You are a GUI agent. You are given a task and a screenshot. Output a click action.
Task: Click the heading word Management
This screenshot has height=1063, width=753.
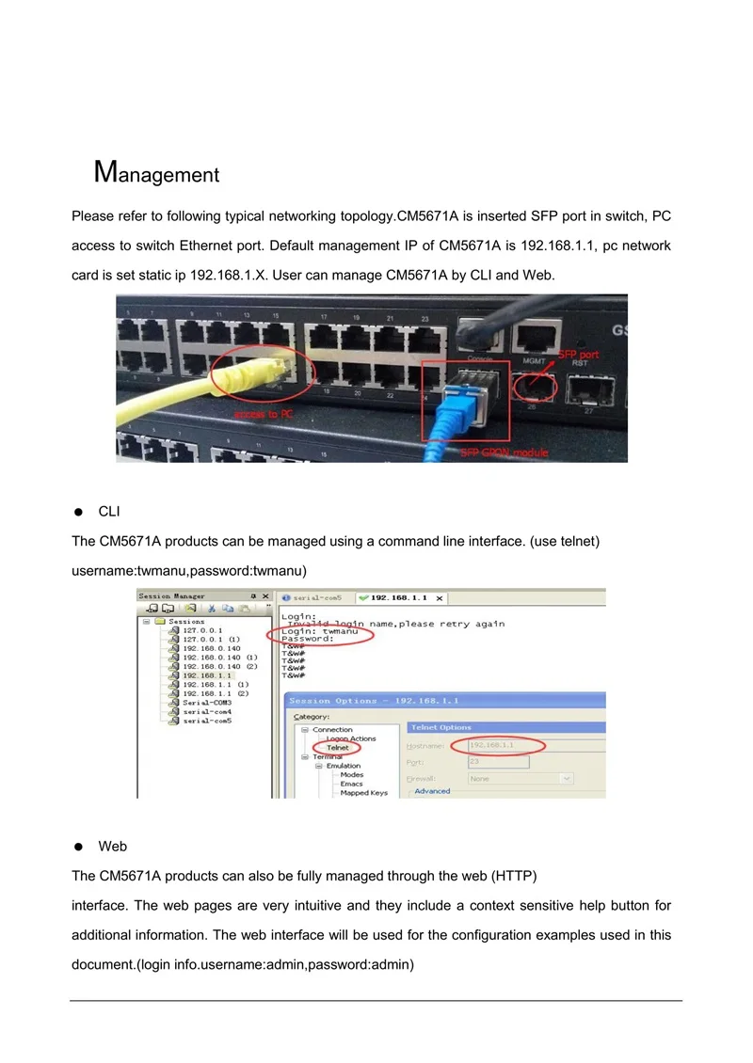pos(157,173)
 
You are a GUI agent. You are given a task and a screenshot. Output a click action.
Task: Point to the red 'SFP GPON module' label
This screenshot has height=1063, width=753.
pos(504,452)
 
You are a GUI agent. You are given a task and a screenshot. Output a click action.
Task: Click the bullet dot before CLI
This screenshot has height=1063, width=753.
pos(80,512)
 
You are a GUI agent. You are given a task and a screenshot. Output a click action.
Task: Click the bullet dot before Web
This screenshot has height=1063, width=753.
pos(80,847)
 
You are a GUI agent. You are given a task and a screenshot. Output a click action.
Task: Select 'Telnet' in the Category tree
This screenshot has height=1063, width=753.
pos(338,748)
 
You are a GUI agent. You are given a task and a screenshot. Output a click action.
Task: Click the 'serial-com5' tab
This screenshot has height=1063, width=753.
pos(317,597)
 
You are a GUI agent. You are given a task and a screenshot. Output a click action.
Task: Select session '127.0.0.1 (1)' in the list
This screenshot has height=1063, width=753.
pos(212,640)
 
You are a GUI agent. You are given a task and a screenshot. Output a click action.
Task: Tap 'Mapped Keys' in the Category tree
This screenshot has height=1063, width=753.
pos(363,793)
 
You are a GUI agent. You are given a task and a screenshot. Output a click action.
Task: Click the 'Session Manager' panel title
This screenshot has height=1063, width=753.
pos(171,596)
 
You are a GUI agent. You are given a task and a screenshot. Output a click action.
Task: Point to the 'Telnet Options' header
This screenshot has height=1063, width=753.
pos(441,727)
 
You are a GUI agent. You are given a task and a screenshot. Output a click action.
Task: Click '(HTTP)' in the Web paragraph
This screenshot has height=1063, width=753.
pos(514,876)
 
